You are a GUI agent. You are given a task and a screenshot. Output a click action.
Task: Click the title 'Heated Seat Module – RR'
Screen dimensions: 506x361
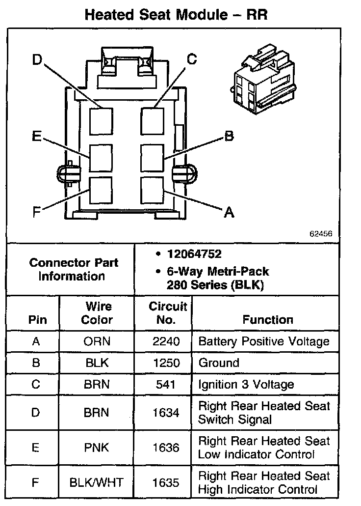176,15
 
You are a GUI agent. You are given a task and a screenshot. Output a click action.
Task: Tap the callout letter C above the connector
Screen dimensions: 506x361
192,59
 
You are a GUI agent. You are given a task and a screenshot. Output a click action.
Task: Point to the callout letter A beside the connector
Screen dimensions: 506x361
229,212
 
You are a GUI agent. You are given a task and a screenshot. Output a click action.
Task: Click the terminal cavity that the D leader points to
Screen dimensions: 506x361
102,120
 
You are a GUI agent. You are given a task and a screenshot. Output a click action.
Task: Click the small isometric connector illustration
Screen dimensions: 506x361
264,79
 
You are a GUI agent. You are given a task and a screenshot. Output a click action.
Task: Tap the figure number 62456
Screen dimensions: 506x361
321,234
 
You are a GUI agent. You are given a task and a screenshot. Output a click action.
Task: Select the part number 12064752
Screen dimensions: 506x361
194,254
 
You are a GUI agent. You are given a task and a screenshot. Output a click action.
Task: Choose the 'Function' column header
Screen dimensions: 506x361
268,320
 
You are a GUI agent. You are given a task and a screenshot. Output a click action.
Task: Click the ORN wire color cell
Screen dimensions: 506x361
97,341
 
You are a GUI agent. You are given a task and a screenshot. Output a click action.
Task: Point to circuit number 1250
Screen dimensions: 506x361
166,363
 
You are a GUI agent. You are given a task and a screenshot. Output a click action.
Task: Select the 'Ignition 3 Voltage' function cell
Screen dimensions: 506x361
246,385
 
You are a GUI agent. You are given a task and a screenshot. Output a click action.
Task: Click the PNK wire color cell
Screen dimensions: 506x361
97,448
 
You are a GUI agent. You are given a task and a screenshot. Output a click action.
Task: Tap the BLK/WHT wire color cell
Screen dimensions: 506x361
97,483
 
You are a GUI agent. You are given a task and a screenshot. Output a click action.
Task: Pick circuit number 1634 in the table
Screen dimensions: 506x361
166,413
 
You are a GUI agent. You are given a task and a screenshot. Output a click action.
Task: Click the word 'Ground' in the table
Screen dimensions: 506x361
218,363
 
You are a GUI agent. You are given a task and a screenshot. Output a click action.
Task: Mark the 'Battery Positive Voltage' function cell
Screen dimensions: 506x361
264,341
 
